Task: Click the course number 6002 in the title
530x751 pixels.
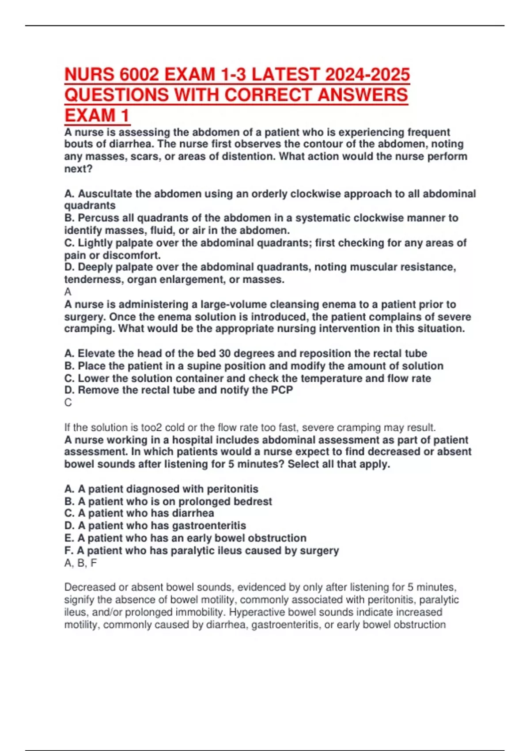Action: pyautogui.click(x=138, y=74)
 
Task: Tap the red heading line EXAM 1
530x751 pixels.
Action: pyautogui.click(x=97, y=116)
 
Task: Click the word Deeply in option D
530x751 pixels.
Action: pyautogui.click(x=94, y=267)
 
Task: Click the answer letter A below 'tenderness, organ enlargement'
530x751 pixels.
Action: pyautogui.click(x=68, y=292)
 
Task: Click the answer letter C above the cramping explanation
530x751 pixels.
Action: pyautogui.click(x=68, y=402)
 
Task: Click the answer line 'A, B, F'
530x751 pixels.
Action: pyautogui.click(x=80, y=563)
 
